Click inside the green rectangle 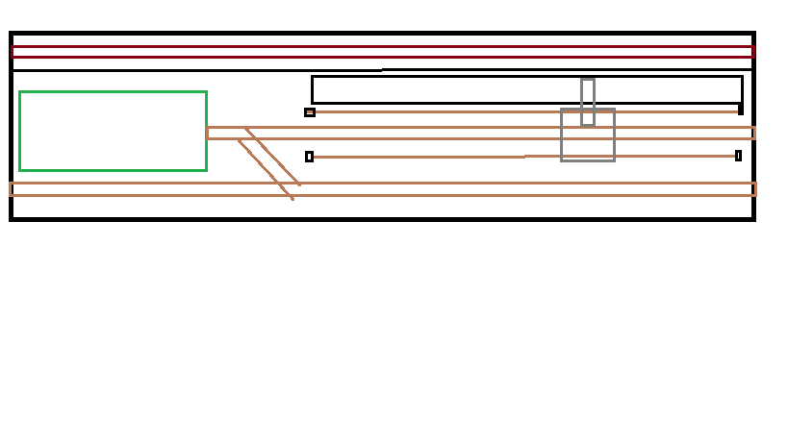113,131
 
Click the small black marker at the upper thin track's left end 310,112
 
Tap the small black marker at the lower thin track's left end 309,157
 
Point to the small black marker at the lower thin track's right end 738,156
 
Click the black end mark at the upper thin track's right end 740,110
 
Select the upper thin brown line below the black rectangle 433,111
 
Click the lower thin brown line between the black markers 433,157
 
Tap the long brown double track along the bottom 481,189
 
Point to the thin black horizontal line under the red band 192,70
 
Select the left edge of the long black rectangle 313,89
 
